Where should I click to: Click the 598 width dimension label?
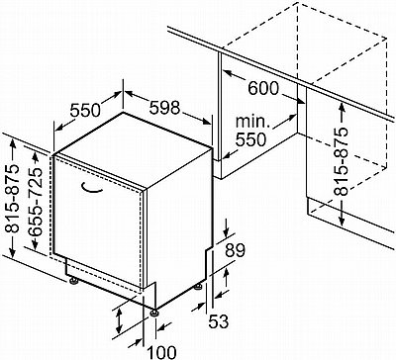(164, 108)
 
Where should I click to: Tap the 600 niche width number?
(263, 88)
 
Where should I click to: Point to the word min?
(252, 122)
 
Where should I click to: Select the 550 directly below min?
(250, 139)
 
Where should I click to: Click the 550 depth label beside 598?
(85, 111)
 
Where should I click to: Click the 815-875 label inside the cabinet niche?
(341, 161)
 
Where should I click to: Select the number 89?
(236, 250)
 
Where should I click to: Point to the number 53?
(218, 321)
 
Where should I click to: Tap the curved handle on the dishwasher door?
(91, 188)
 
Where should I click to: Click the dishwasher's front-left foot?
(73, 281)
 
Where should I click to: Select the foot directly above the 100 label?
(154, 313)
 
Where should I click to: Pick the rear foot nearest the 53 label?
(198, 287)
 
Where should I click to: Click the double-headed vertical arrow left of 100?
(119, 320)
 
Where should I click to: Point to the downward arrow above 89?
(226, 227)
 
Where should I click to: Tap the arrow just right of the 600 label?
(293, 98)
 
